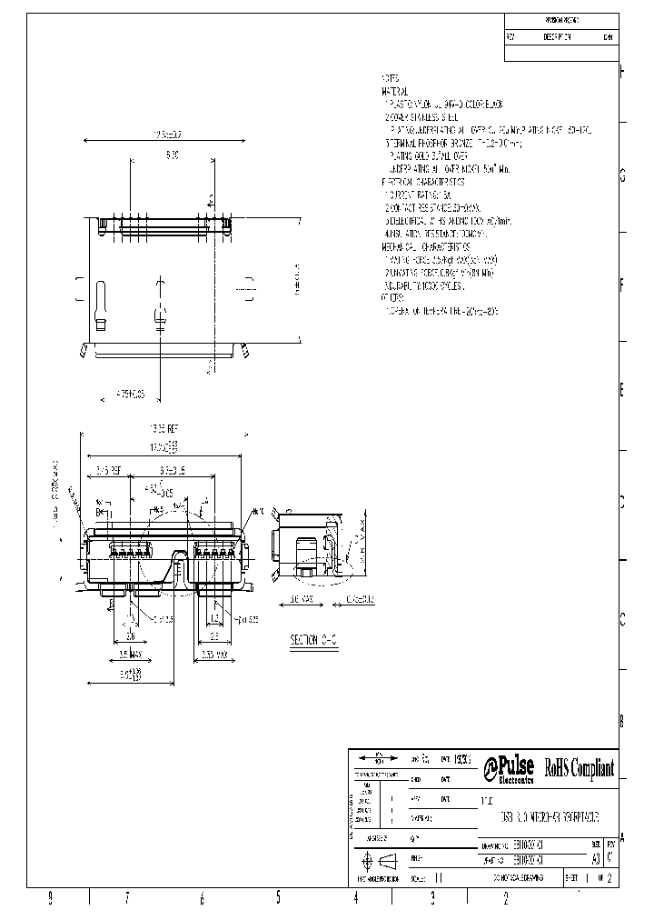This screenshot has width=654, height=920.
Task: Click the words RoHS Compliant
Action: click(x=579, y=768)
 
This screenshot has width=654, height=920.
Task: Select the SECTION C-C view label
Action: click(x=313, y=641)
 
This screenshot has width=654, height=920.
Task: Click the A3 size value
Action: click(x=595, y=858)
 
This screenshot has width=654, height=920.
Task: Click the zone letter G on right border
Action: click(x=622, y=176)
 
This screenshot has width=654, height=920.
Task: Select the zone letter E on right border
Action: click(x=622, y=390)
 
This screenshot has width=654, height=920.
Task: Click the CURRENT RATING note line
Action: click(x=419, y=195)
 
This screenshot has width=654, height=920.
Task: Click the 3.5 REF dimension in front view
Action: click(x=109, y=471)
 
